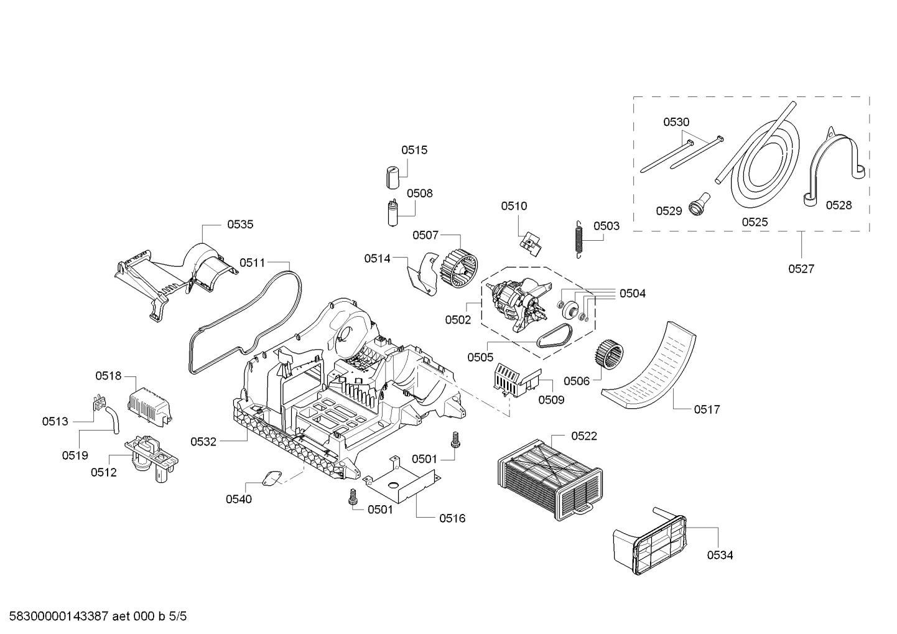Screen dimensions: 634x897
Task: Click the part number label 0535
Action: [240, 225]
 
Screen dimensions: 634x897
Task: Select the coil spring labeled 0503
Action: [579, 238]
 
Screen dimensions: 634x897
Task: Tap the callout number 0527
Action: [801, 269]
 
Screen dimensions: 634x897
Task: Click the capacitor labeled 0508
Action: [393, 214]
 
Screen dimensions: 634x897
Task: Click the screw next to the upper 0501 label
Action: [454, 442]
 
